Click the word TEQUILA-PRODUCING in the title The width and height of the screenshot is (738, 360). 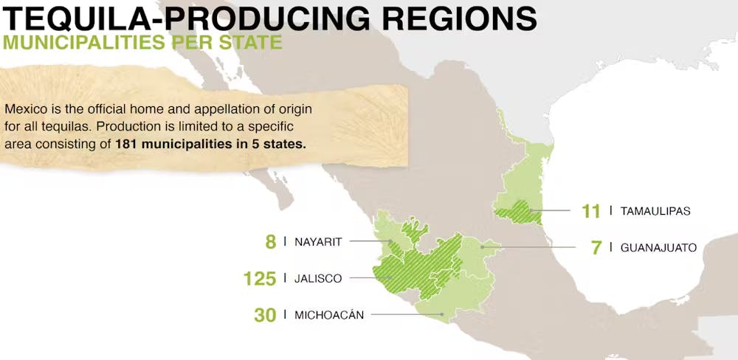pos(180,18)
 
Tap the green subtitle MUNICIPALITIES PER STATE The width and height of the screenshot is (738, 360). pos(142,41)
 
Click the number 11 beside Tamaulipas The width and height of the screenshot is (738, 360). pos(590,211)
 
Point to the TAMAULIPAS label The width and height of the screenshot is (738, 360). pos(655,211)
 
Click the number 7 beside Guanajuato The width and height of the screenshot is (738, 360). pos(596,247)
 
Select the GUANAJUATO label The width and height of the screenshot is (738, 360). pos(658,247)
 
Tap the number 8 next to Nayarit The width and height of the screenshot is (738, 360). pos(271,241)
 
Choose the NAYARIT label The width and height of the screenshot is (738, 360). pos(318,241)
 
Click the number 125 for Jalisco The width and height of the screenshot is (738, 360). pos(260,278)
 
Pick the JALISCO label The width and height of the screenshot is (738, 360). pos(318,278)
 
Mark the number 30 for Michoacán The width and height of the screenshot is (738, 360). pos(265,315)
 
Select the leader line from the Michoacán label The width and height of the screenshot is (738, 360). pos(406,315)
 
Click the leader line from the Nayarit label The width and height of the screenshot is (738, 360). pos(369,240)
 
